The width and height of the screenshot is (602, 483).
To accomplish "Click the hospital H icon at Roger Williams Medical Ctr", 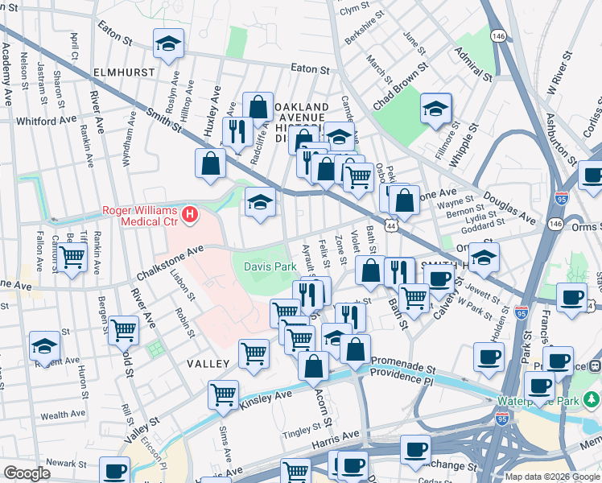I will point(190,214).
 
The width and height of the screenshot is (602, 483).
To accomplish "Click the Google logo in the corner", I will point(27,473).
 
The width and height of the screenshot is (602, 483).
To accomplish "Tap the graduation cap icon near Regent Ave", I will point(45,346).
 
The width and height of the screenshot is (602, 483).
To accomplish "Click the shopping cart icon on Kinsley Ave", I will point(223,394).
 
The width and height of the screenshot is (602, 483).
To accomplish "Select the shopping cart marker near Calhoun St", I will point(72,258).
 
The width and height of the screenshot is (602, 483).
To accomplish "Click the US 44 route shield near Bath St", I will point(391,228).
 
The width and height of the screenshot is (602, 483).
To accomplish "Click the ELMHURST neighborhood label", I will point(123,72).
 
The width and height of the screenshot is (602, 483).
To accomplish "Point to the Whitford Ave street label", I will point(46,119).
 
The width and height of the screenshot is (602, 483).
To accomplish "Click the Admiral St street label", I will point(472,64).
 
